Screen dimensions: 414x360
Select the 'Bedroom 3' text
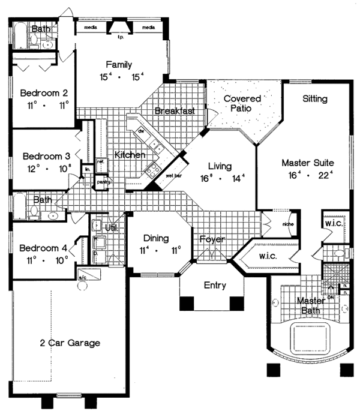pyautogui.click(x=43, y=156)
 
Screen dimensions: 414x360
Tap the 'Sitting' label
pyautogui.click(x=314, y=98)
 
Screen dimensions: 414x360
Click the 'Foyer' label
pyautogui.click(x=212, y=239)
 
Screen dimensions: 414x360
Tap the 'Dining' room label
pyautogui.click(x=154, y=239)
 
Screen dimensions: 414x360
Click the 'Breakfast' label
pyautogui.click(x=175, y=111)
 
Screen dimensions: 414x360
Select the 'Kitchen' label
pyautogui.click(x=130, y=155)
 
